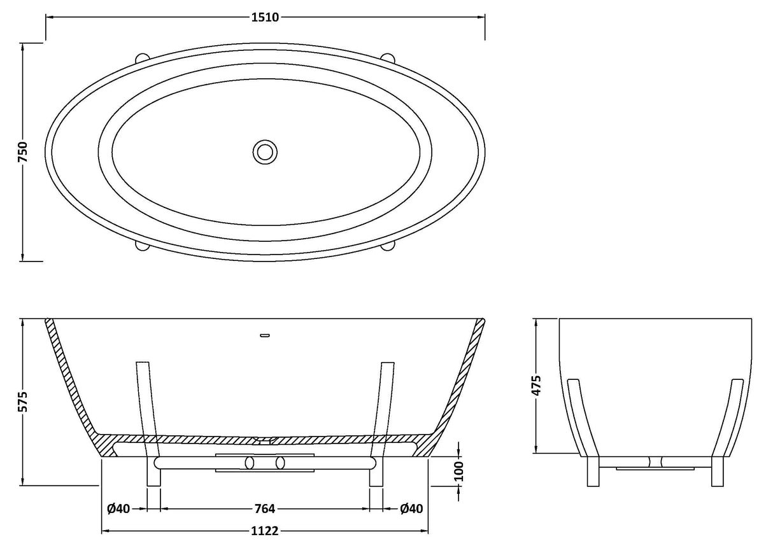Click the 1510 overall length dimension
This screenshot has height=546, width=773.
click(x=265, y=17)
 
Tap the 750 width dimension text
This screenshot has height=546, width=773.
click(x=23, y=151)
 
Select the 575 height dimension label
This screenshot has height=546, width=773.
click(x=23, y=402)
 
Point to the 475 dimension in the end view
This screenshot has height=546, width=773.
click(x=536, y=385)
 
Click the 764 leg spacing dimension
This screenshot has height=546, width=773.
click(x=265, y=508)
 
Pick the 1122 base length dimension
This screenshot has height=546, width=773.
click(x=265, y=531)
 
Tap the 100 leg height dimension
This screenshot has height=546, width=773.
click(x=458, y=471)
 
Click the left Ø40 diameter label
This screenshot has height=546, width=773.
click(x=118, y=508)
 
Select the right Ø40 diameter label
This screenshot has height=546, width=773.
click(x=411, y=508)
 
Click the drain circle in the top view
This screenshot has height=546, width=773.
click(x=265, y=152)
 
